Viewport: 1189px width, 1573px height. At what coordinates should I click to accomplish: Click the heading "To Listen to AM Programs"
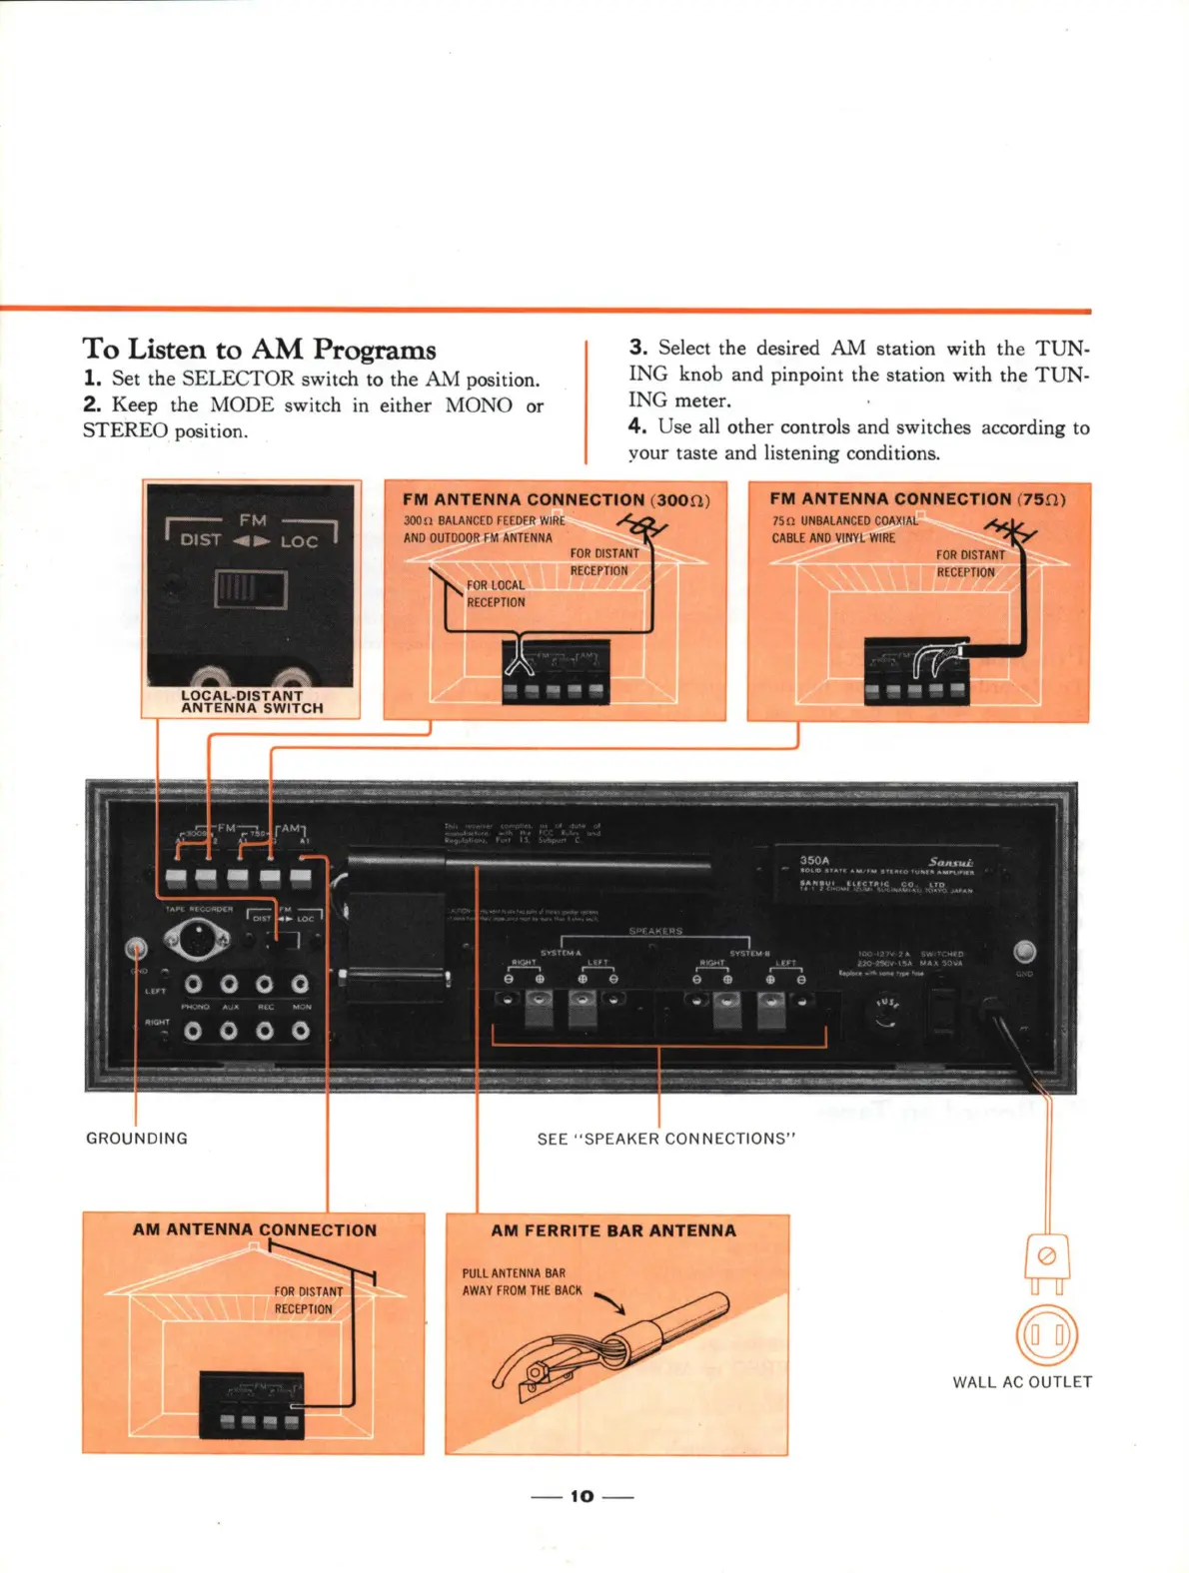pos(259,349)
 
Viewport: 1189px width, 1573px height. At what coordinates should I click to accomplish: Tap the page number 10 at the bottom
pos(582,1495)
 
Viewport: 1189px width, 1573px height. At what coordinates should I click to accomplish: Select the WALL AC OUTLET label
pos(1021,1381)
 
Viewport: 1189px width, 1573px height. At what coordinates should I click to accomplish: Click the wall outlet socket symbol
pos(1046,1335)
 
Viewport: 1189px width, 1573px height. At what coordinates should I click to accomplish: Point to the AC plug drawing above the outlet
pos(1047,1259)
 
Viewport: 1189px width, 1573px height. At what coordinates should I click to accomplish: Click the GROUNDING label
pos(137,1138)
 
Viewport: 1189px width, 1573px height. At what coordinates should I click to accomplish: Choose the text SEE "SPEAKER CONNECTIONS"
pos(665,1139)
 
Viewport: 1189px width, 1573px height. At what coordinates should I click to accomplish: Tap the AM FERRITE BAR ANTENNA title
pos(612,1230)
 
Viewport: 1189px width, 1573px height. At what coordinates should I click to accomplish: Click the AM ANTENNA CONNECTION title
pos(255,1229)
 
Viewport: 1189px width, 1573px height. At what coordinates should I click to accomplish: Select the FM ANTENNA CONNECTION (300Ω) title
pos(556,499)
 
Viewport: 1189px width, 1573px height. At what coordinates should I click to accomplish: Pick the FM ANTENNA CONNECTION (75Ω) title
pos(917,498)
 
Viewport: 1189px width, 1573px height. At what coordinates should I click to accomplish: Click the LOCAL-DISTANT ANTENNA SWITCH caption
pos(252,702)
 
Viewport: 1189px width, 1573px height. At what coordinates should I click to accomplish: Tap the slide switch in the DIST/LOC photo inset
pos(250,588)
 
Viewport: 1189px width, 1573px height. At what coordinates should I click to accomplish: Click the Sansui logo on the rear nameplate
pos(949,861)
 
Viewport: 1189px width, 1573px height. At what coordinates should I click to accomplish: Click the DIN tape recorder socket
pos(196,937)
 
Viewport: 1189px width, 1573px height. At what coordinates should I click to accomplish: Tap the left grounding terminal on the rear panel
pos(135,948)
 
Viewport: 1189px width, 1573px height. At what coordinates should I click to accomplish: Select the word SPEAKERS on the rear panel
pos(655,931)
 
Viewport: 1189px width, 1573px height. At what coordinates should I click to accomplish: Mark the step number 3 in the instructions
pos(637,348)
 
